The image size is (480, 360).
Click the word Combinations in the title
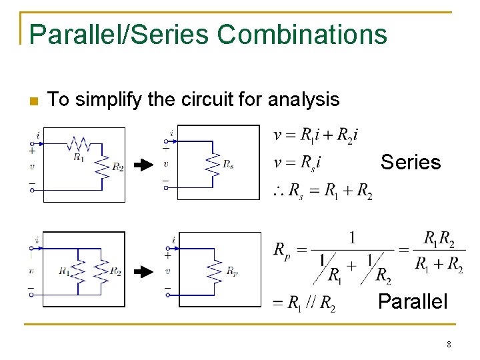pos(302,34)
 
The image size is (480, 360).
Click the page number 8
pos(449,345)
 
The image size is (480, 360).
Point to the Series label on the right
pos(411,162)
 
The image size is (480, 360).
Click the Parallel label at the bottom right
pos(413,301)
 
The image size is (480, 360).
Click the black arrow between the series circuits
pos(143,166)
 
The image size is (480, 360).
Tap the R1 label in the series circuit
pos(79,158)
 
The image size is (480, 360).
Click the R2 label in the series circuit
pos(117,167)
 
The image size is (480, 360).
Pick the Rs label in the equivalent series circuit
pos(228,164)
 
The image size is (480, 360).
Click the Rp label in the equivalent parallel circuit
pos(231,271)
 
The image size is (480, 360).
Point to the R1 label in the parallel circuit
pos(63,271)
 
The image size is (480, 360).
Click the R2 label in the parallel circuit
pos(115,271)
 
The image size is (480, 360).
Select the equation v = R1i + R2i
pos(316,136)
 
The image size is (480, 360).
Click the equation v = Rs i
pos(297,162)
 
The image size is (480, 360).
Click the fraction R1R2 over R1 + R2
pos(439,251)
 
